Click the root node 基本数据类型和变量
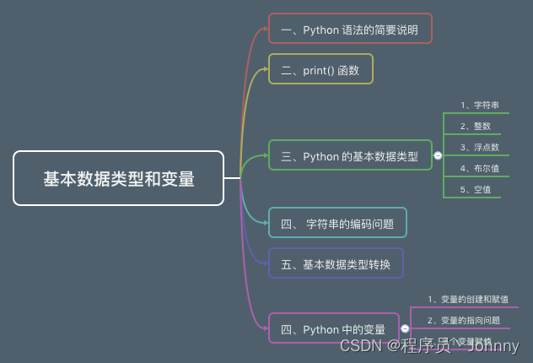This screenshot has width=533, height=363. click(x=119, y=178)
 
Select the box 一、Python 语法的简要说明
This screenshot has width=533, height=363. click(x=350, y=28)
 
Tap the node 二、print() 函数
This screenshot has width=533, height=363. click(x=320, y=70)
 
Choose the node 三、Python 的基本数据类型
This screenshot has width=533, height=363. click(x=350, y=155)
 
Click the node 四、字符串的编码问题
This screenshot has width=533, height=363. click(x=337, y=223)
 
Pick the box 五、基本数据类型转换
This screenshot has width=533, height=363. click(x=336, y=263)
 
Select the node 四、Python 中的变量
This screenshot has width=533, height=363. click(x=333, y=328)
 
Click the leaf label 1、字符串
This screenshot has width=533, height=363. click(x=480, y=106)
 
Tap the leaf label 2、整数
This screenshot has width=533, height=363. click(x=476, y=126)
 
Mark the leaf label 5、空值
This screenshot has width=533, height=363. click(x=476, y=189)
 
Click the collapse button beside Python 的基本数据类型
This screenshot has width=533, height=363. click(x=438, y=155)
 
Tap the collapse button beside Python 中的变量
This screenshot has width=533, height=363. click(x=405, y=328)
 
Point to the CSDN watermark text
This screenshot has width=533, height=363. click(x=358, y=346)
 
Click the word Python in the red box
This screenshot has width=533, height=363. click(x=320, y=28)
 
